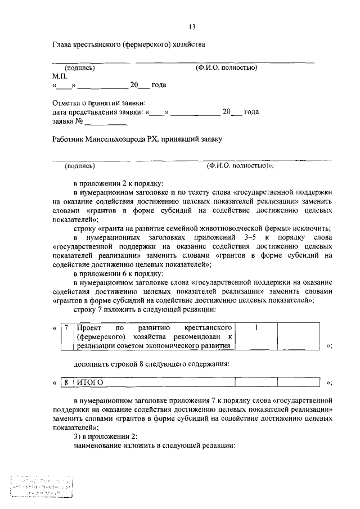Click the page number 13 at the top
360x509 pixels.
click(x=192, y=26)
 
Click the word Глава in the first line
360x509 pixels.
click(x=62, y=44)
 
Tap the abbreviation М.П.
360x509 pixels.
click(x=60, y=76)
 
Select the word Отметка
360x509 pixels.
click(x=66, y=103)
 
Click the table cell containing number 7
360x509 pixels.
click(x=66, y=327)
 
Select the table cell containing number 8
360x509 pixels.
click(x=66, y=382)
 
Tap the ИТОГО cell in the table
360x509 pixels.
click(x=90, y=382)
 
